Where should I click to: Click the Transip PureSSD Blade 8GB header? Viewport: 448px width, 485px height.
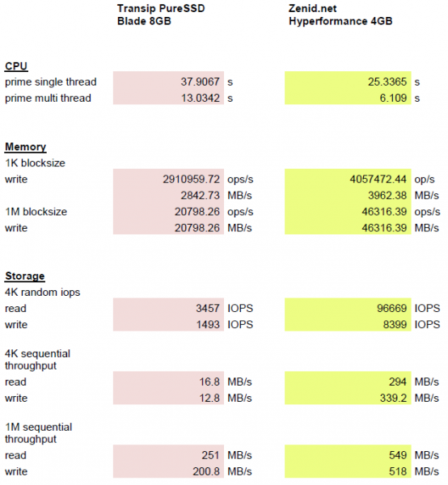(x=161, y=15)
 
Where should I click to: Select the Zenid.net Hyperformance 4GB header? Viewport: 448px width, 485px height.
(x=340, y=15)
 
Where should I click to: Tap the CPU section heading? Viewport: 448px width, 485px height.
(x=16, y=66)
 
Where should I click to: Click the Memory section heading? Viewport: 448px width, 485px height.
(x=25, y=146)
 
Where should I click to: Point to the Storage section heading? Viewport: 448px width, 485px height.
(x=25, y=276)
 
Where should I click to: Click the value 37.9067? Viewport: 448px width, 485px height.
(x=201, y=82)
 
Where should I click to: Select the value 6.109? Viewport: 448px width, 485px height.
(x=393, y=98)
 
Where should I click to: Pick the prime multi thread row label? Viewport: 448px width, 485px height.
(x=48, y=98)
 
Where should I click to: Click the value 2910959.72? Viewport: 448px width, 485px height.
(x=191, y=179)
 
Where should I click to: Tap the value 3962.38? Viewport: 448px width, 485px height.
(x=387, y=196)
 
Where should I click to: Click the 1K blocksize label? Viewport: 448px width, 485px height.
(x=35, y=163)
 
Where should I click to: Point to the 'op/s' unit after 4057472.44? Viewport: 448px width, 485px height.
(x=425, y=179)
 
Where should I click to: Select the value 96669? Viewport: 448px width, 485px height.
(x=391, y=309)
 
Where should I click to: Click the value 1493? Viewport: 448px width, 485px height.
(x=208, y=324)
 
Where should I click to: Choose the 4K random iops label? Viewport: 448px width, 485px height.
(x=42, y=293)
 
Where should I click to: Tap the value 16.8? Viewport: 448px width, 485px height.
(x=209, y=382)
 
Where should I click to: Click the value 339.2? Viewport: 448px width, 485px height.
(x=393, y=398)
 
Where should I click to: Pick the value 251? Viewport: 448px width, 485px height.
(x=210, y=455)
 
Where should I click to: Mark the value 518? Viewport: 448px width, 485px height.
(x=398, y=471)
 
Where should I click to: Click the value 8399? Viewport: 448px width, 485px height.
(x=395, y=324)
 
